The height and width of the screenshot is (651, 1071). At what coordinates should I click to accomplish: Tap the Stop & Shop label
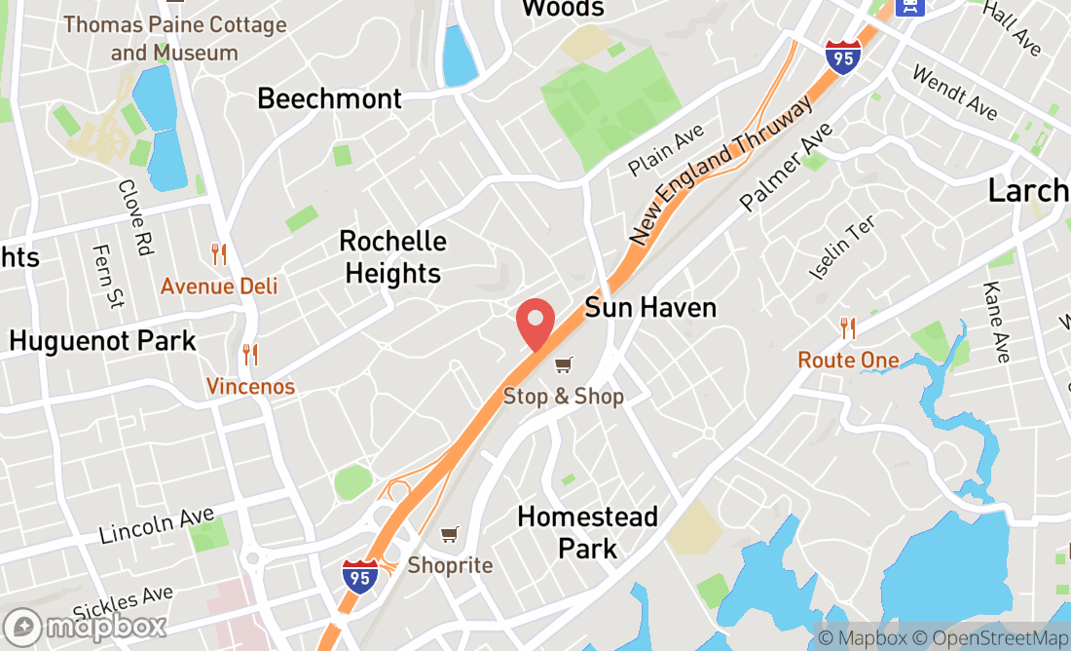(563, 397)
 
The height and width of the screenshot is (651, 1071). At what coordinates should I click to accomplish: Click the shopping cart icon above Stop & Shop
(563, 365)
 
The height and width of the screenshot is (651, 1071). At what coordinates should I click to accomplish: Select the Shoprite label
(450, 565)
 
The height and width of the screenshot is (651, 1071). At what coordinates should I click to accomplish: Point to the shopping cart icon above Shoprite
(449, 534)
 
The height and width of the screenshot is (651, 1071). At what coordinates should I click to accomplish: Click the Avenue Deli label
(219, 286)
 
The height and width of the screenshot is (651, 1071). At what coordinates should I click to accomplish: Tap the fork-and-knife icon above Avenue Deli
(219, 255)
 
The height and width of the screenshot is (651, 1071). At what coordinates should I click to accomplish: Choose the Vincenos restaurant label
(250, 387)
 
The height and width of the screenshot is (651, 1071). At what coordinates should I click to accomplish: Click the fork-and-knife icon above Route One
(848, 328)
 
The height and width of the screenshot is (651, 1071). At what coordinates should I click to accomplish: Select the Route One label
(848, 361)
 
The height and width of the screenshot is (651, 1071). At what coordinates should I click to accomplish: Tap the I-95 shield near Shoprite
(359, 575)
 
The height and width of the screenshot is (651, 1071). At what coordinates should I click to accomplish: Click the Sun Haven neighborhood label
(650, 308)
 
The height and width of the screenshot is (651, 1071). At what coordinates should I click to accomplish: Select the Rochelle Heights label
(393, 257)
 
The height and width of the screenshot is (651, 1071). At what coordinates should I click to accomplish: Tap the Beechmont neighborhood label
(329, 98)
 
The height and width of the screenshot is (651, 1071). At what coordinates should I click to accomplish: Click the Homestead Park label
(587, 532)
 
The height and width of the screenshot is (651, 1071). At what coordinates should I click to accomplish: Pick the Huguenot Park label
(102, 341)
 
